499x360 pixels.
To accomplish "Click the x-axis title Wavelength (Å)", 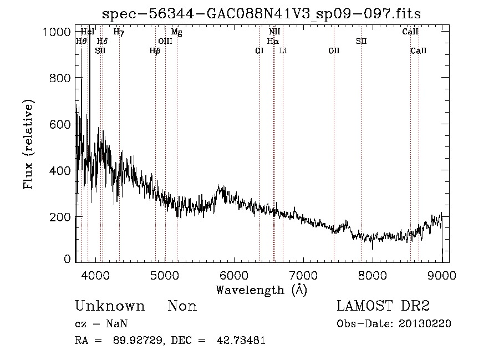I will tap(261, 290).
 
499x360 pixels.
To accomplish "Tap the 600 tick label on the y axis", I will tap(60, 124).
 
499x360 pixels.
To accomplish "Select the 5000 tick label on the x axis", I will tap(164, 275).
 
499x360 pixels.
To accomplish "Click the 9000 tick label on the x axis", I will tap(442, 275).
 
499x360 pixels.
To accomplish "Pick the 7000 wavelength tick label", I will tap(303, 275).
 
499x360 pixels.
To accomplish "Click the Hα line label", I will tap(273, 42).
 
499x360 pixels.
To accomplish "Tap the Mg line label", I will tap(176, 32).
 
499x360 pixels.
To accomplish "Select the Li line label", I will tap(283, 51).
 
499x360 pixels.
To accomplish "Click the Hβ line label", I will tap(155, 51).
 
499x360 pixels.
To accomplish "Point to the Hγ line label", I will tap(119, 32).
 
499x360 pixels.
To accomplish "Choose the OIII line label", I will tap(165, 42).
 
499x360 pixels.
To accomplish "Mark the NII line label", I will tap(274, 32).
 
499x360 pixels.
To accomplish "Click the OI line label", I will tap(259, 51).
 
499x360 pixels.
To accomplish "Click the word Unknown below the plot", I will tap(110, 306).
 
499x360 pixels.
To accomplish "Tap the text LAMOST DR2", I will tap(383, 306).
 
